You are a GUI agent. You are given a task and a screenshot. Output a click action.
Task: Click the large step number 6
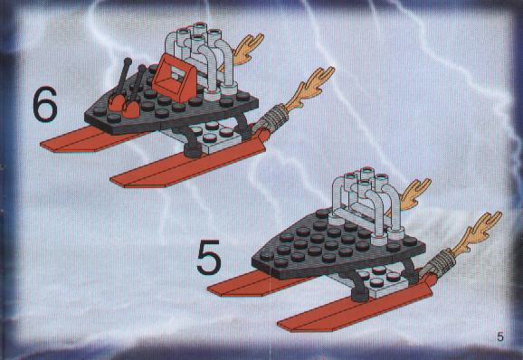tap(45, 104)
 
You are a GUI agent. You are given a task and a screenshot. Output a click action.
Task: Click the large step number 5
tap(209, 257)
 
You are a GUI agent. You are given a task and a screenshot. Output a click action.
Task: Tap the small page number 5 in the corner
tap(500, 336)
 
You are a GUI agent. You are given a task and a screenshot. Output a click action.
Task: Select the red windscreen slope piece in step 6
tap(172, 79)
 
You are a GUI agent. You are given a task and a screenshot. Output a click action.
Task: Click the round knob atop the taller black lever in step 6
tap(128, 62)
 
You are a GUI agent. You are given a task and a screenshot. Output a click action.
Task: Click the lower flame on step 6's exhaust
tap(309, 88)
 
